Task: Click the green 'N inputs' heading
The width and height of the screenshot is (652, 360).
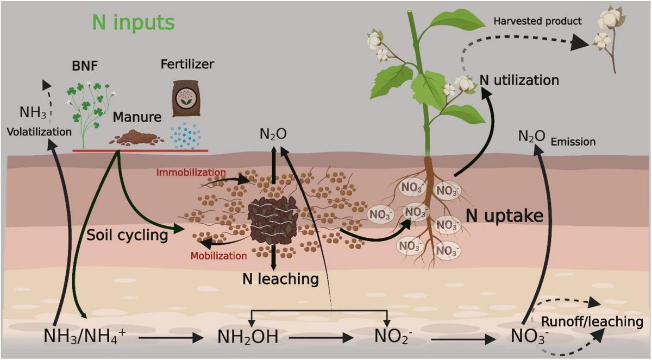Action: [x=133, y=22]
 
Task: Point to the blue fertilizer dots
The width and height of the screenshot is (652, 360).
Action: [x=186, y=136]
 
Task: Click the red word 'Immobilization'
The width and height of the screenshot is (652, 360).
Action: [x=191, y=173]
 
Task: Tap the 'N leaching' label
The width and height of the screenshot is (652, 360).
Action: [x=280, y=279]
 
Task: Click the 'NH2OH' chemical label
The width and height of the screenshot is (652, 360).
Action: [x=248, y=337]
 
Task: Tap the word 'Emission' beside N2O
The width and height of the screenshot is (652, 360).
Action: [x=573, y=142]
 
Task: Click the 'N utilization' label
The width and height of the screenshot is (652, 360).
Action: [x=519, y=80]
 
